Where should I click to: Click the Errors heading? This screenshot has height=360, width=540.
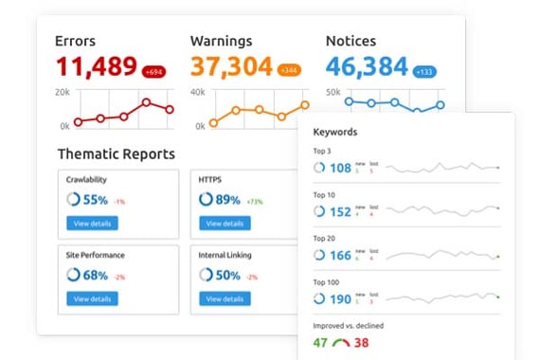point(76,41)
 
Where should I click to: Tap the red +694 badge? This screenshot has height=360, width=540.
point(154,71)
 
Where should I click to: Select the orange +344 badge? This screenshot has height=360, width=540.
point(289,70)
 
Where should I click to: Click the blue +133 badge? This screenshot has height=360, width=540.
point(423,71)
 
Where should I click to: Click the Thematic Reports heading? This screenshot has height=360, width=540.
point(116,153)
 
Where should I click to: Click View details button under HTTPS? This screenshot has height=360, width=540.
point(225,224)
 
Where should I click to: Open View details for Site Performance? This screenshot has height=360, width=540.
point(93,298)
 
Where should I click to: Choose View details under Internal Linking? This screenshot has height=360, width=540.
point(225,298)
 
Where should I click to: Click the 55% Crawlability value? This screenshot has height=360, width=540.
point(95,200)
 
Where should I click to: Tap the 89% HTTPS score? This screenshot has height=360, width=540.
point(227,200)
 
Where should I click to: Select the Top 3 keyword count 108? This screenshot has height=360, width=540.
point(340,168)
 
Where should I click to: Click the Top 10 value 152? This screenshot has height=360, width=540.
point(340,211)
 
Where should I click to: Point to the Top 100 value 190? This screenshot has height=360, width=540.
point(340,299)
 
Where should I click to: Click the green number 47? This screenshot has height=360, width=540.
point(320,343)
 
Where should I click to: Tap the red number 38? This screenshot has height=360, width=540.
point(361,343)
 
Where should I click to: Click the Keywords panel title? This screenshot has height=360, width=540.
point(334,132)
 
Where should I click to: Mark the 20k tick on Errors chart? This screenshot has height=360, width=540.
point(62,92)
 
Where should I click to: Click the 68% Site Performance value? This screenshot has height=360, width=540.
point(95,275)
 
